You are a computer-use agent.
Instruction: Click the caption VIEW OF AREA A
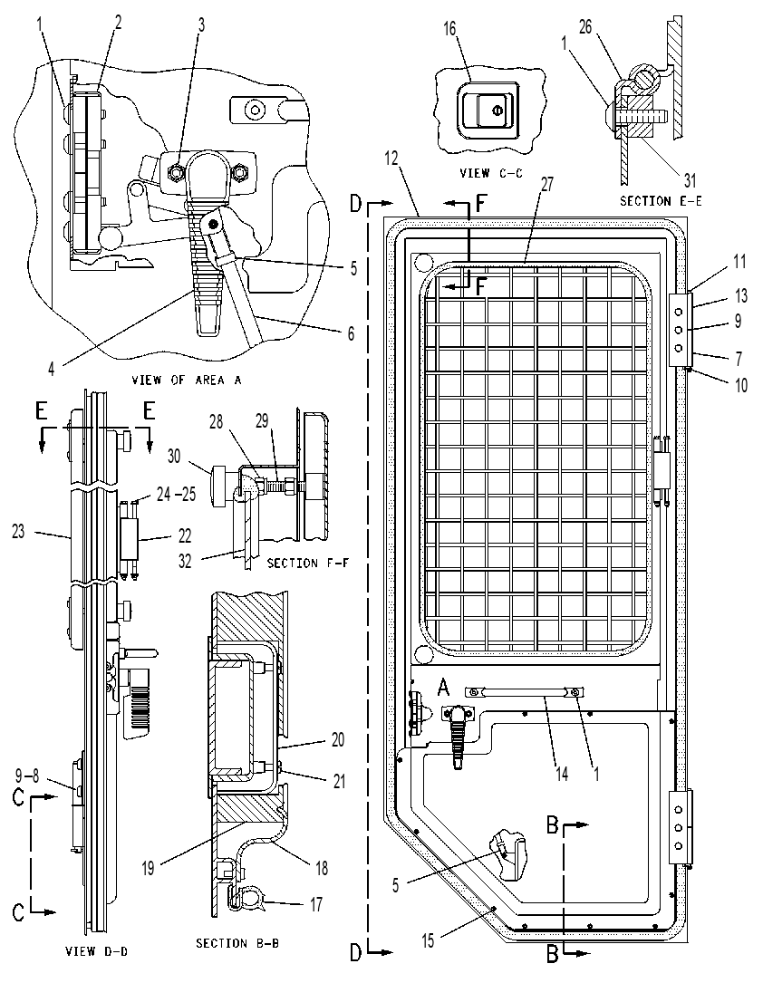tap(186, 380)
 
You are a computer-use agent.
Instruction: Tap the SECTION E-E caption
tap(661, 201)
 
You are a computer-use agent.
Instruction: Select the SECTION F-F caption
tap(308, 563)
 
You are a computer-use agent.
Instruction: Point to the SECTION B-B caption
tap(237, 943)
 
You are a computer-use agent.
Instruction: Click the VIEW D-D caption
tap(97, 951)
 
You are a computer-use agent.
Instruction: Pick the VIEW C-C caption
tap(491, 173)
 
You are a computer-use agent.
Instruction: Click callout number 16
tap(449, 29)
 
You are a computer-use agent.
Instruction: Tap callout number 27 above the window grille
tap(546, 184)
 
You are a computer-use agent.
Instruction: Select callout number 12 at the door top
tap(391, 158)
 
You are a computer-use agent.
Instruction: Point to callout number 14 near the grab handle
tap(562, 775)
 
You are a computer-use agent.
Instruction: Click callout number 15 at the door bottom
tap(428, 941)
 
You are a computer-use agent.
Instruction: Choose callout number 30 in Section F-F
tap(174, 456)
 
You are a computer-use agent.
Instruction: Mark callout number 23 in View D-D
tap(19, 532)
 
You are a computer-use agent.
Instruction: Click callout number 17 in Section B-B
tap(316, 904)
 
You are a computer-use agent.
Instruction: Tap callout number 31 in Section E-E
tap(690, 180)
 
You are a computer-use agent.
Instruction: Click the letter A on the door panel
tap(442, 689)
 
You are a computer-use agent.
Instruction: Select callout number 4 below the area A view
tap(52, 369)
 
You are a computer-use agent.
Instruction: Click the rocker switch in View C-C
tap(488, 111)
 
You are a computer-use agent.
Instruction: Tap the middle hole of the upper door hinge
tap(678, 329)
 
